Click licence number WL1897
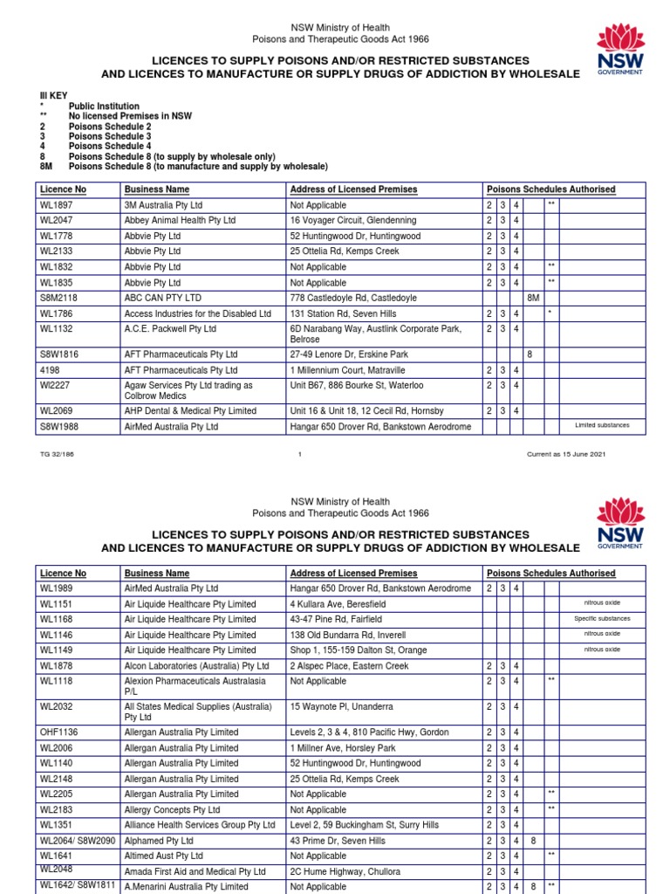[x=55, y=205]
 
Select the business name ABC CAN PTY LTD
[x=163, y=298]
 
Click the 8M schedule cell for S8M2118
[x=533, y=298]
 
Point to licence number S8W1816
[x=59, y=355]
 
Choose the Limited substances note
[x=602, y=426]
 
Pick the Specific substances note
[x=602, y=619]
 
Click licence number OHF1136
[x=59, y=732]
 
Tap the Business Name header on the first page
[x=157, y=189]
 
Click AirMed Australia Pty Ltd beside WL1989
[x=171, y=588]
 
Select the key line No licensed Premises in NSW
[x=130, y=116]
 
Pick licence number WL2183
[x=55, y=810]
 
